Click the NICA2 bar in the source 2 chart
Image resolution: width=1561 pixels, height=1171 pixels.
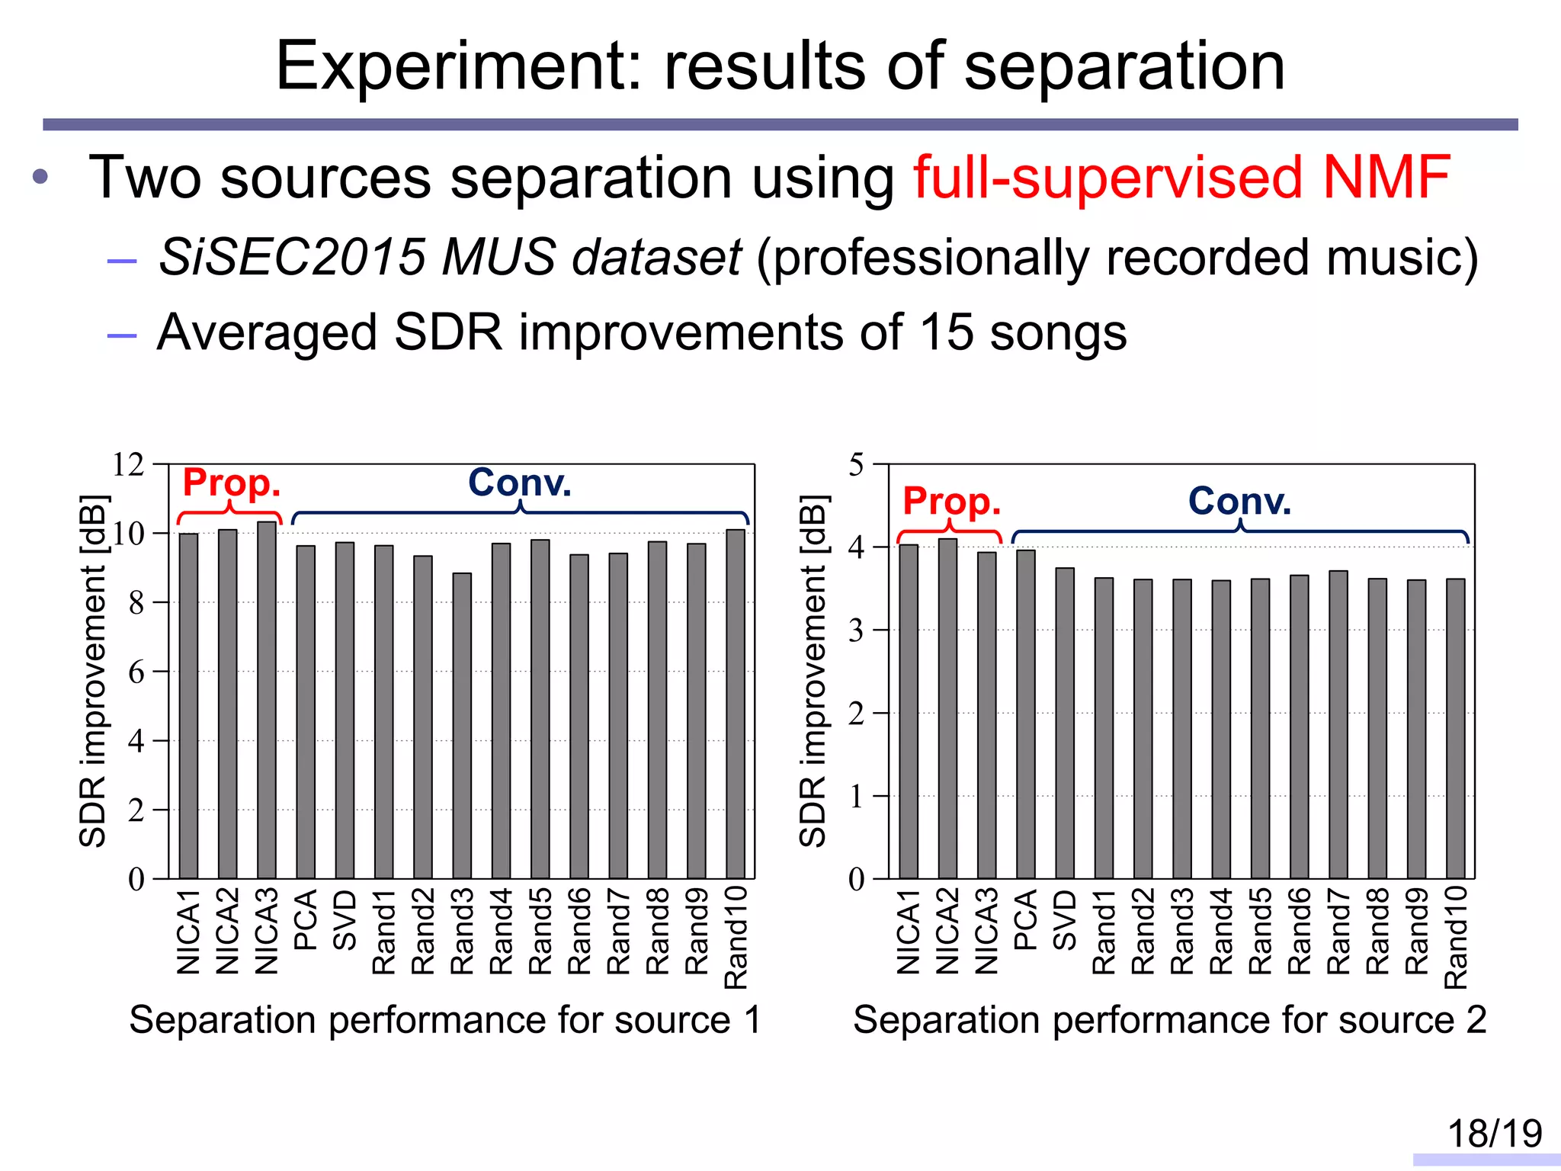point(947,709)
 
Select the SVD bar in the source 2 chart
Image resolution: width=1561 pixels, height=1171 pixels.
point(1065,723)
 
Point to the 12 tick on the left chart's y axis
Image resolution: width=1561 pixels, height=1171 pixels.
point(128,464)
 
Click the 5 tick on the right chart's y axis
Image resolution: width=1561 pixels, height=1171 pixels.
point(856,464)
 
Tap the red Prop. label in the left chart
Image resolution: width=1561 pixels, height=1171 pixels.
point(232,483)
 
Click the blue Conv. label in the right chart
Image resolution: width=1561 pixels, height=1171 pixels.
point(1239,501)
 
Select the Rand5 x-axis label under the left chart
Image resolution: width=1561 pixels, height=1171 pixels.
point(540,931)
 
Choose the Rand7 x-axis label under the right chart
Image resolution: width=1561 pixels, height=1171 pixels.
point(1338,931)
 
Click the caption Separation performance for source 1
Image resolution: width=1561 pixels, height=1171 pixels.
point(444,1020)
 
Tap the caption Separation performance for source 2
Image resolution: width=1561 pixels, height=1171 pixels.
point(1169,1020)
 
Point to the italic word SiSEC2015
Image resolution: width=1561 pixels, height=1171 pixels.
point(292,257)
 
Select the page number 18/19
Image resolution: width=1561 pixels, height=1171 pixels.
point(1494,1134)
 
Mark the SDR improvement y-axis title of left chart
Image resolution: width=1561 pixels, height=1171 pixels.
point(93,671)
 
